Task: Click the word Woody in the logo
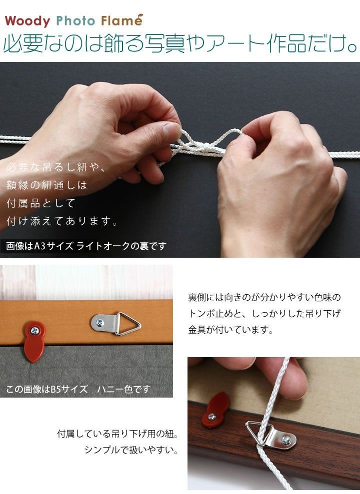tap(27, 21)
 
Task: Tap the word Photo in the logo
tap(75, 21)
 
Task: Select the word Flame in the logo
tap(121, 21)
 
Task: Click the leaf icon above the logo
tap(138, 15)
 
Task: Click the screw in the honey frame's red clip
tap(34, 331)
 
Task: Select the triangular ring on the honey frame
tap(127, 324)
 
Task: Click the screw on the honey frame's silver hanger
tap(100, 323)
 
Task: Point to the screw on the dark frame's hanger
tap(286, 440)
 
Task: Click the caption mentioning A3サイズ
tap(86, 246)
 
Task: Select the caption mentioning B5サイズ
tap(78, 390)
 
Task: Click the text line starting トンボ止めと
tap(264, 314)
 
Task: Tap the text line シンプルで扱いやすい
tap(131, 450)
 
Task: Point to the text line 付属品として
tap(40, 203)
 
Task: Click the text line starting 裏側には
tap(264, 297)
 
